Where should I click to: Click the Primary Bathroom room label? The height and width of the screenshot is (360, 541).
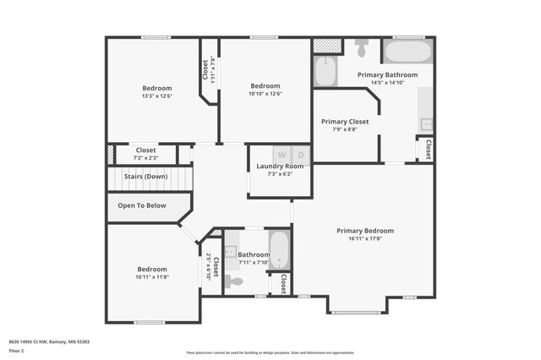(387, 75)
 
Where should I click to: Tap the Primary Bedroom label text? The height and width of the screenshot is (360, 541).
(365, 231)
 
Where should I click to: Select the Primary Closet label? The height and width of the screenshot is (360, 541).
(345, 122)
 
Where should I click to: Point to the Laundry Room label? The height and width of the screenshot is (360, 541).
(280, 166)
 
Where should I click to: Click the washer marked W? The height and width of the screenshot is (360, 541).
(281, 155)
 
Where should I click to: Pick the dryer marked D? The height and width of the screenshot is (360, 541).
(301, 155)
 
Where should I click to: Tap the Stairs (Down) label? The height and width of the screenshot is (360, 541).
(145, 177)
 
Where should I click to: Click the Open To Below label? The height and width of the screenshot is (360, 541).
(142, 205)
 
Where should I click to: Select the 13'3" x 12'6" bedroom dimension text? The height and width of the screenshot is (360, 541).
(157, 95)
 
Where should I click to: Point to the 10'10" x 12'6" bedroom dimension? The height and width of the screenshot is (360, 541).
(265, 93)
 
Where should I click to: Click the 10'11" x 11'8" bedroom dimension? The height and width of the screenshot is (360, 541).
(153, 276)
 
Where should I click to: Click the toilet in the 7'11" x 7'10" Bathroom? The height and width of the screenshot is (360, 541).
(234, 281)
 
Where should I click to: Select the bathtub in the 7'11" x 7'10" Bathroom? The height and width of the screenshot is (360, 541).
(279, 250)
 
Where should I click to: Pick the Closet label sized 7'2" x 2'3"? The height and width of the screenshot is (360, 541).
(146, 154)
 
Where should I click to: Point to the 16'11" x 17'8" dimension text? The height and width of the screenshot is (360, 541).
(365, 238)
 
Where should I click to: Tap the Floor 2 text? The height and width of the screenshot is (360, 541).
(17, 350)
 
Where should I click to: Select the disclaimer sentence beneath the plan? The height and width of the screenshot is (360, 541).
(270, 352)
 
